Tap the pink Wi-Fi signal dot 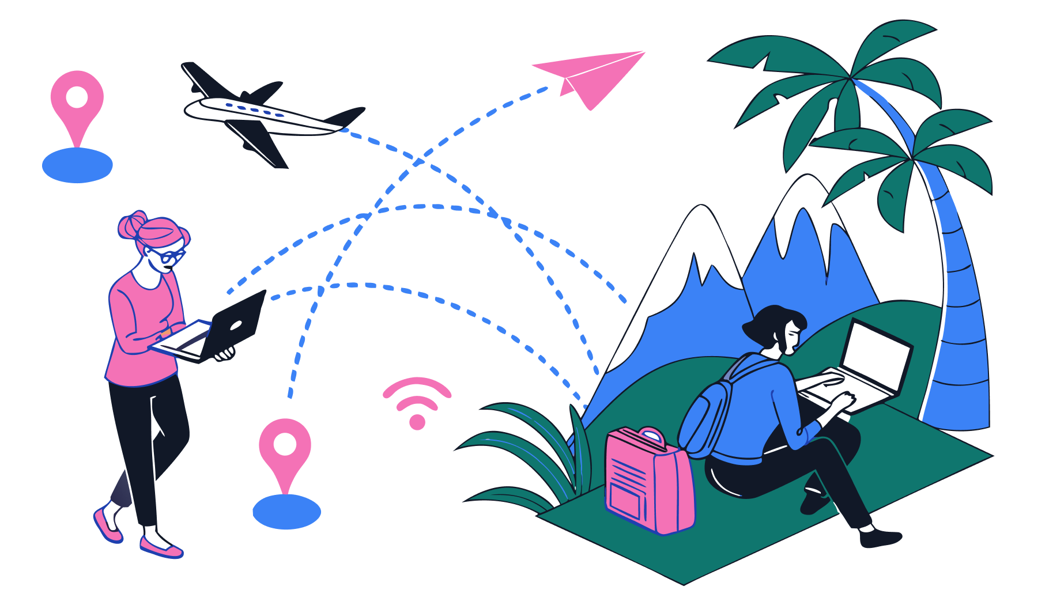point(417,422)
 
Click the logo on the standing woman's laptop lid point(236,326)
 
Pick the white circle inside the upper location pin point(77,97)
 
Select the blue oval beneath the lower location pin point(286,512)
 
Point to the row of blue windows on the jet point(254,109)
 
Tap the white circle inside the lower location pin point(285,444)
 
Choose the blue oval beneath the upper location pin point(77,165)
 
